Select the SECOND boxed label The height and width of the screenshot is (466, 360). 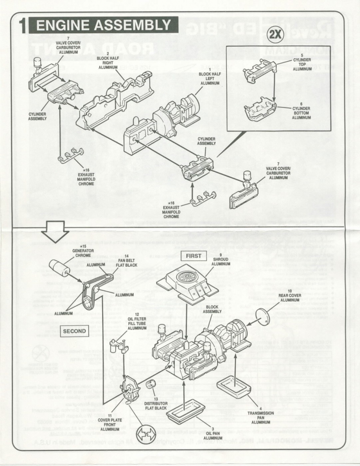click(75, 331)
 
